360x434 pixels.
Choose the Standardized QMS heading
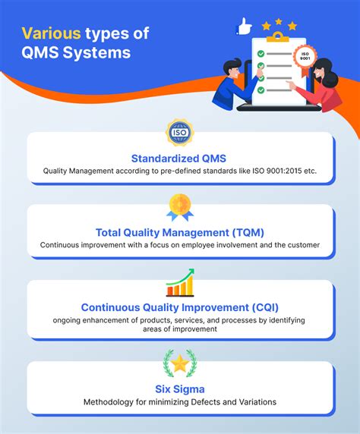tap(180, 158)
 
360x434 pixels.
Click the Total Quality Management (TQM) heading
tap(180, 232)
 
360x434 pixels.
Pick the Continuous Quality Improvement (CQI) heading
tap(180, 307)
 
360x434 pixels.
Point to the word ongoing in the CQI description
tap(71, 320)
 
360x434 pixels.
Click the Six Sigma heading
tap(180, 389)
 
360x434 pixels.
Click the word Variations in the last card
tap(254, 403)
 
